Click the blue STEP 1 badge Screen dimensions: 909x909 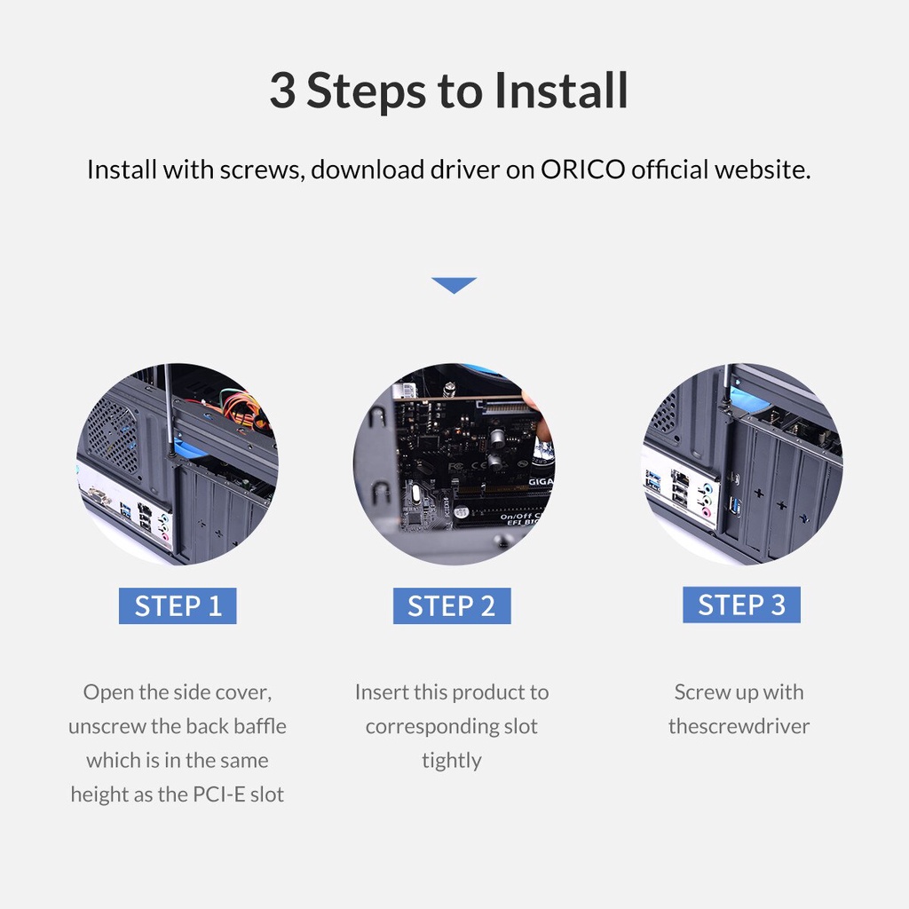point(178,605)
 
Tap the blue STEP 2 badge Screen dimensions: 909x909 point(452,605)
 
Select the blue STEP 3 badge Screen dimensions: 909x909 point(741,605)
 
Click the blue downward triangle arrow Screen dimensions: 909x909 point(454,285)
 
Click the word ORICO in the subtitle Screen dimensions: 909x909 point(582,170)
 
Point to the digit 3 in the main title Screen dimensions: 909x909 point(282,91)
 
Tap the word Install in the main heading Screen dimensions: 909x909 point(561,90)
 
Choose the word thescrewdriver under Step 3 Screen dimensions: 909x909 point(739,726)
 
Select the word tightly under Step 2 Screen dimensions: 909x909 point(452,761)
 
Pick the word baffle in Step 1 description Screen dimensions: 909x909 point(260,726)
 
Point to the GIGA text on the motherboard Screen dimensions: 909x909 point(540,481)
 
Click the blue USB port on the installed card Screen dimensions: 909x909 point(736,505)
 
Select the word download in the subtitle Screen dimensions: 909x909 point(368,170)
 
